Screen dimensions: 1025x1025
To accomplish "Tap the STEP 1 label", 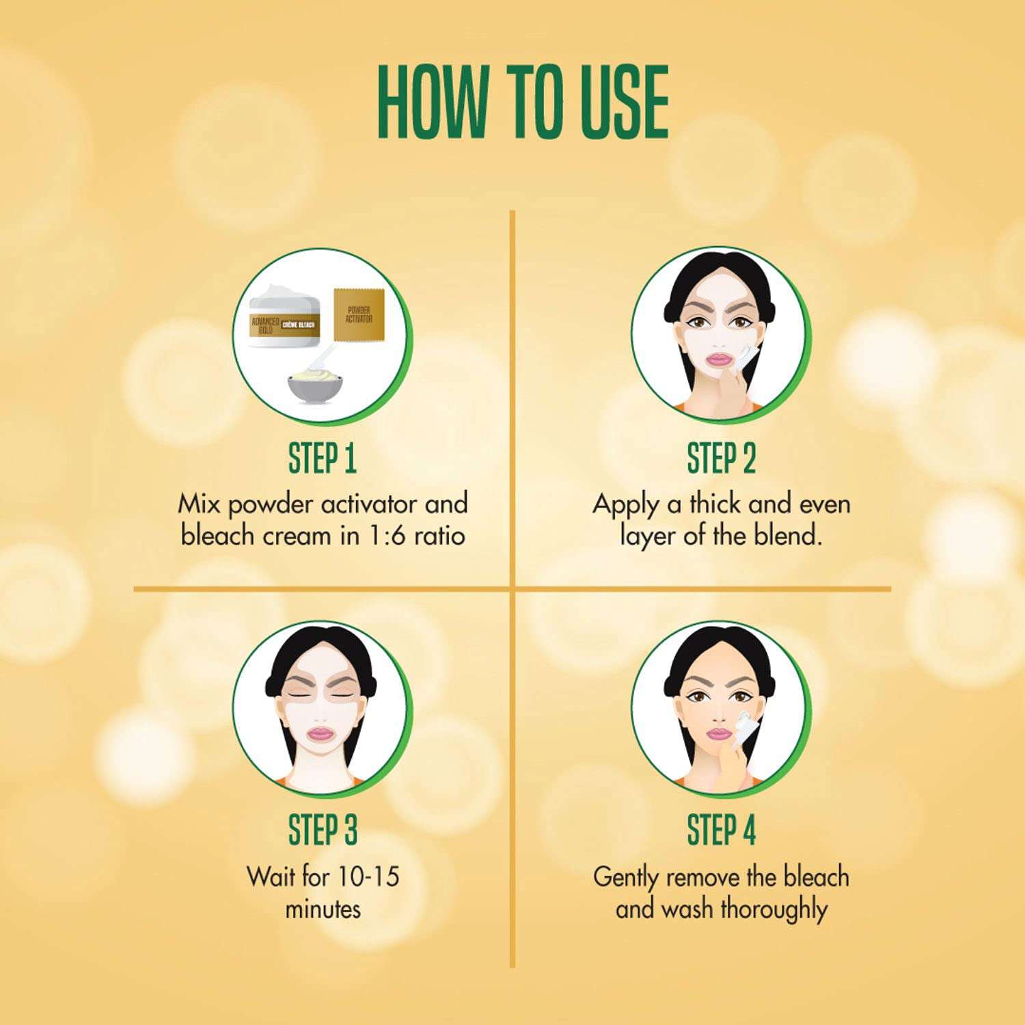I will click(322, 459).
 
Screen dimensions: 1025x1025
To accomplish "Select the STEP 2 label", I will click(721, 459).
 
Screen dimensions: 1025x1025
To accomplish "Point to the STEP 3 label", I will click(322, 830).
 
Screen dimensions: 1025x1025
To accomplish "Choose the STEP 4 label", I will click(721, 830).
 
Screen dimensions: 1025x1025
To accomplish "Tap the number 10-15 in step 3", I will click(372, 877).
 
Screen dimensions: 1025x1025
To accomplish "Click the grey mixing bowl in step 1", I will click(315, 387).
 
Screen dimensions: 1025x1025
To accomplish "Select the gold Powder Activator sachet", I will click(359, 315).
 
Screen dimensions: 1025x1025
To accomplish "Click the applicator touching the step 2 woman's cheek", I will click(747, 356).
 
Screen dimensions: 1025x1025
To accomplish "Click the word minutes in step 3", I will click(322, 910).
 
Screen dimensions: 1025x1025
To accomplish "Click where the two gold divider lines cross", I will click(512, 588).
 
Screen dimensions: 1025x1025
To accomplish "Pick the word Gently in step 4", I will click(626, 877).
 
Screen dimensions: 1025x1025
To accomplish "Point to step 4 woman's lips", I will click(719, 734).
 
